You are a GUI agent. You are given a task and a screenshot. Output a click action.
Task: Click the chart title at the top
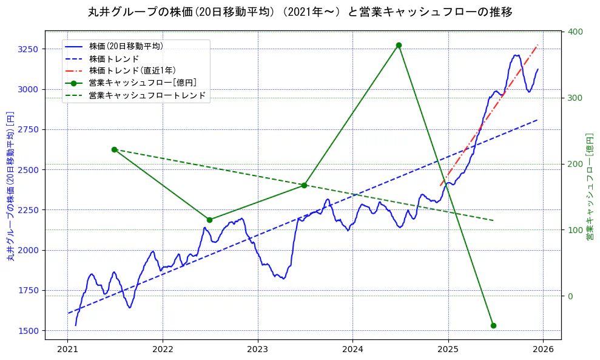[x=300, y=12]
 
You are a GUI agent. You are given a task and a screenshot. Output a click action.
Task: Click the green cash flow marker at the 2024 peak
[x=399, y=45]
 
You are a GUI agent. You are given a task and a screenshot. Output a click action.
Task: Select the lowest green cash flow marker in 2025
[x=493, y=325]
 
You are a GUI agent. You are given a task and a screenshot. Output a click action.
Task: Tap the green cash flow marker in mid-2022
[x=209, y=220]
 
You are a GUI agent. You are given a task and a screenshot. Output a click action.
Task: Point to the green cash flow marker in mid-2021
[x=114, y=149]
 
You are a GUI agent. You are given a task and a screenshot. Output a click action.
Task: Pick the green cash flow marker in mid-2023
[x=304, y=185]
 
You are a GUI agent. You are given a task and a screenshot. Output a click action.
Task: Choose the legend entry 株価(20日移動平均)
[x=126, y=46]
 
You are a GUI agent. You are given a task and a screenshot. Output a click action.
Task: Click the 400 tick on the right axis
[x=575, y=32]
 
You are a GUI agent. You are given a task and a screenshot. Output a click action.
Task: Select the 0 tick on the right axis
[x=570, y=296]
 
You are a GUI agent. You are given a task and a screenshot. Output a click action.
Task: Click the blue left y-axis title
[x=10, y=186]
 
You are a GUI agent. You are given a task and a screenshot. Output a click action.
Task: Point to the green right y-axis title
[x=589, y=186]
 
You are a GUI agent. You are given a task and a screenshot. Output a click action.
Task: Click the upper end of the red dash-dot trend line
[x=538, y=45]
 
